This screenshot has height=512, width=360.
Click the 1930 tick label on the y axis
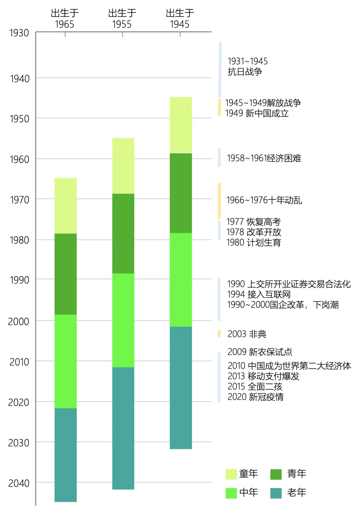coord(19,33)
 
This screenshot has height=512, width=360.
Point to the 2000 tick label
coord(19,322)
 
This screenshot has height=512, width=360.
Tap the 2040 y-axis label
coord(19,483)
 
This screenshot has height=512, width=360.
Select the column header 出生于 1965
coord(65,19)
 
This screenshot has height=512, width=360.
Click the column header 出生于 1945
coord(180,19)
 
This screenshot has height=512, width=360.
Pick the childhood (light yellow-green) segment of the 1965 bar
coord(66,205)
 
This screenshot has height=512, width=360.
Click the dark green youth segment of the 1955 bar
coord(123,233)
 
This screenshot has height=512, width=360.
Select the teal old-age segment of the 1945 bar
coord(181,388)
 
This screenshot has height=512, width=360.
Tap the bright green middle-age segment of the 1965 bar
coord(66,361)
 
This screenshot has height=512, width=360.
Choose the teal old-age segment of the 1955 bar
coord(123,428)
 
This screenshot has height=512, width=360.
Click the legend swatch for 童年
coord(231,474)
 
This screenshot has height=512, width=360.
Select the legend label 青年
coord(297,474)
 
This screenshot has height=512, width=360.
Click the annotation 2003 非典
coord(247,334)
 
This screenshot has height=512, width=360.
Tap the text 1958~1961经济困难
coord(264,158)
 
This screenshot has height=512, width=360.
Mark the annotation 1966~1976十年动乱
coord(264,200)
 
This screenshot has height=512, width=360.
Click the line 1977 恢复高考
coord(254,222)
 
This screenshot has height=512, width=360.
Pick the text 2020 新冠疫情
coord(255,397)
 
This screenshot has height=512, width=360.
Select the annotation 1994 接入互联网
coord(259,294)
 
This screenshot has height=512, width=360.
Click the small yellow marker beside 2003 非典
coord(219,334)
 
